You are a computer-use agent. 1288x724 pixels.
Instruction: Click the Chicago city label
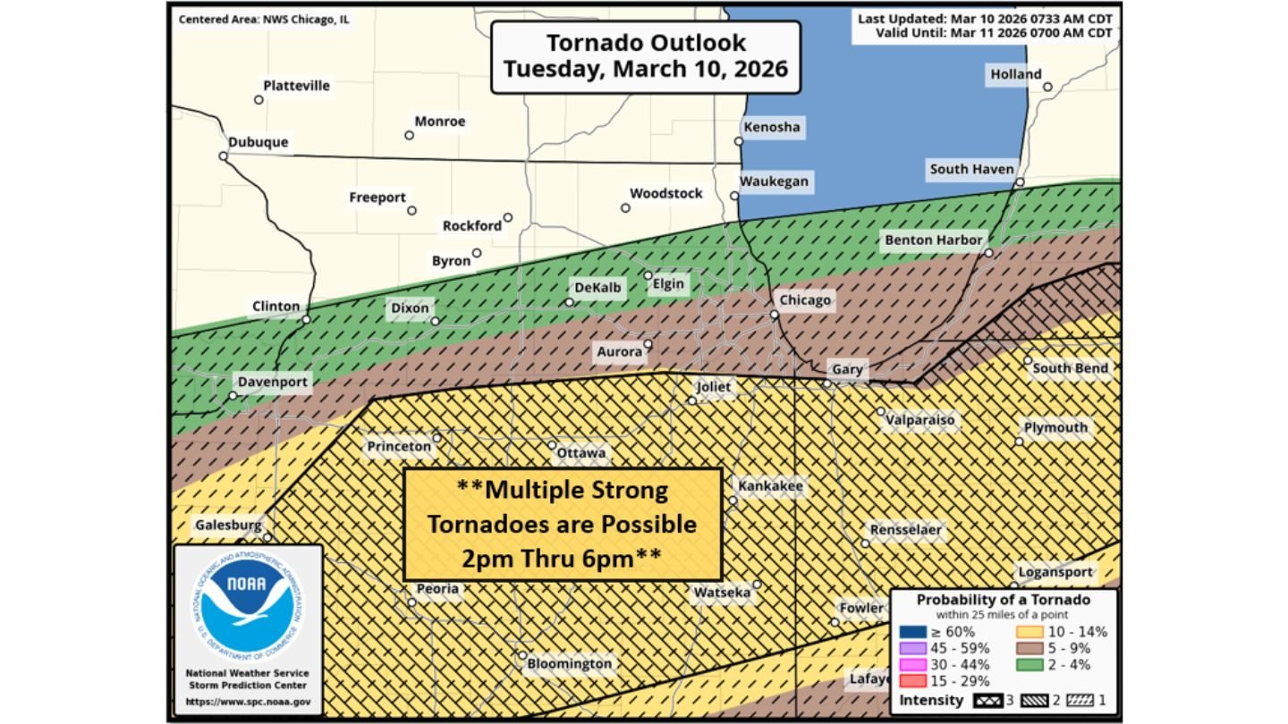pos(805,300)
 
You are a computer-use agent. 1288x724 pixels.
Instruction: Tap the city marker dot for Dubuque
pos(223,156)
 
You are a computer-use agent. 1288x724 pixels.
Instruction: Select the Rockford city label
pos(472,226)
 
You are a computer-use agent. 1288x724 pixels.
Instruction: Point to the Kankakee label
pos(770,486)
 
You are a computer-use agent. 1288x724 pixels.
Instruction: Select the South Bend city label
pos(1070,368)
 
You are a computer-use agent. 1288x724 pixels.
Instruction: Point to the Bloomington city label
pos(569,663)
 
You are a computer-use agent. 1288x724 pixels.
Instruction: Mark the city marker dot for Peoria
pos(411,603)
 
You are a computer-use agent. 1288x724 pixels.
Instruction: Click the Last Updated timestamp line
pos(985,19)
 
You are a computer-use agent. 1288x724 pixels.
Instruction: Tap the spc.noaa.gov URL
pos(248,703)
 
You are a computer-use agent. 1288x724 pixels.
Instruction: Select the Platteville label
pos(296,86)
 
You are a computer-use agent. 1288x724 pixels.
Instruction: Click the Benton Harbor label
pos(934,240)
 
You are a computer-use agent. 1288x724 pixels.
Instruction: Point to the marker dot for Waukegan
pos(733,196)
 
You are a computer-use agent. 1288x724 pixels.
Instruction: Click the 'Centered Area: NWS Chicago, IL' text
pos(264,20)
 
